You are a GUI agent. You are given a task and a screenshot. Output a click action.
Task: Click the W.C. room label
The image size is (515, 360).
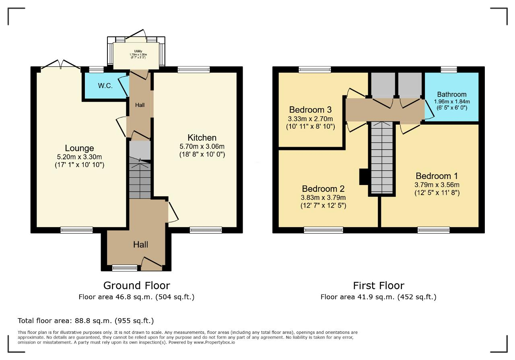tap(105, 86)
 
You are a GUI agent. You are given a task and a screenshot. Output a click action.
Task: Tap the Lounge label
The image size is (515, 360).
tap(79, 148)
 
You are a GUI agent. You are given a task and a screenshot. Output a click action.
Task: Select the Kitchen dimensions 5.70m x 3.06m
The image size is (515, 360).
tap(202, 146)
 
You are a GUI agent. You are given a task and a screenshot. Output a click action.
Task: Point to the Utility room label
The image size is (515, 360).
tap(138, 51)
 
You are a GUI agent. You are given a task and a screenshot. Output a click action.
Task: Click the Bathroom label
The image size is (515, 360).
tap(451, 94)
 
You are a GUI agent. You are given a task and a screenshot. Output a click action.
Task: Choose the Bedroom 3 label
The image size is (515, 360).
tap(310, 110)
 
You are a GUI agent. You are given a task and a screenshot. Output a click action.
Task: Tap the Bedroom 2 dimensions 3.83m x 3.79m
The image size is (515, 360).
tap(323, 197)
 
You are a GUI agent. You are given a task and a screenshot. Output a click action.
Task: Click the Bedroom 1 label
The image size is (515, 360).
tap(437, 176)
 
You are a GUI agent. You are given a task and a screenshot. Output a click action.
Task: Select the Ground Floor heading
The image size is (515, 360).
tap(136, 286)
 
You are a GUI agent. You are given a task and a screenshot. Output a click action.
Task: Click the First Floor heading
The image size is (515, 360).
tap(379, 286)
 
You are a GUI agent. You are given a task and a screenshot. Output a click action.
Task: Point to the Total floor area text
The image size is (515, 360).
tap(86, 321)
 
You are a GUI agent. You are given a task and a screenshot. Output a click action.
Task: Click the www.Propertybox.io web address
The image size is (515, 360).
tap(214, 343)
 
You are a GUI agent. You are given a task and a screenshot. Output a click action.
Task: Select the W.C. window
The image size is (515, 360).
tap(96, 70)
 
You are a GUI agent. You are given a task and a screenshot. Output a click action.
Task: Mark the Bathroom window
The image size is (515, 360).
tap(449, 70)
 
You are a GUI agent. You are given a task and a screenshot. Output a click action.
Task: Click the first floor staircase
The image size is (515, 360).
tap(382, 157)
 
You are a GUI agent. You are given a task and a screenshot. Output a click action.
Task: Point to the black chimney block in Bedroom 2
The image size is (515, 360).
tap(364, 177)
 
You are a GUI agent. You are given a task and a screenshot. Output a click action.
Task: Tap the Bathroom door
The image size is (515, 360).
tap(429, 110)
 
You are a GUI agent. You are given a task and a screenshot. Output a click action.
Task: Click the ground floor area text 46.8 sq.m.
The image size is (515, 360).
tap(136, 297)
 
